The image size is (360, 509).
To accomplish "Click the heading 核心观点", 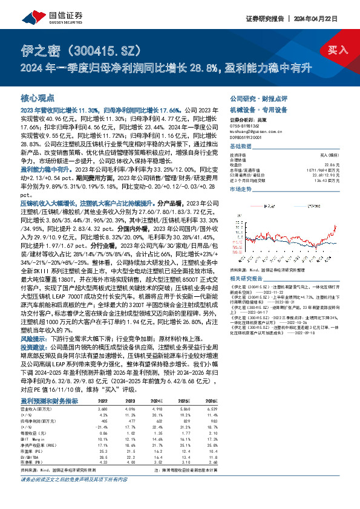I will point(38,97).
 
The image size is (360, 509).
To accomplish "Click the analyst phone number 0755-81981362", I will point(246,125).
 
